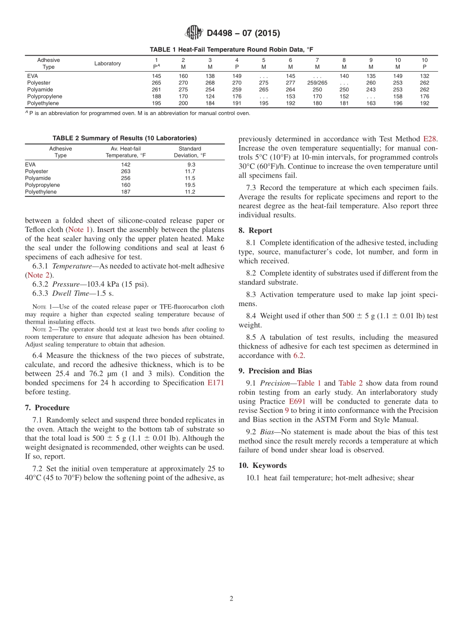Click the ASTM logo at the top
(x=194, y=33)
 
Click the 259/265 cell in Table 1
(x=317, y=83)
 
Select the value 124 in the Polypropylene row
(x=210, y=97)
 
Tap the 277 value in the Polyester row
(x=290, y=83)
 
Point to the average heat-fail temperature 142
(x=126, y=165)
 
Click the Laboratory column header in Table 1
(x=108, y=63)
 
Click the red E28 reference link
(x=429, y=139)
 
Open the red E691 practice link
(x=297, y=402)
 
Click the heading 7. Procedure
(x=47, y=407)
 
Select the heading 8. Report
(x=255, y=231)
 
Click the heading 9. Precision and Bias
(x=275, y=370)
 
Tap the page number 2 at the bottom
(x=231, y=599)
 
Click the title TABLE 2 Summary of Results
(x=124, y=138)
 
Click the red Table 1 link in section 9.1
(x=309, y=383)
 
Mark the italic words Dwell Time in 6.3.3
(x=71, y=293)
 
